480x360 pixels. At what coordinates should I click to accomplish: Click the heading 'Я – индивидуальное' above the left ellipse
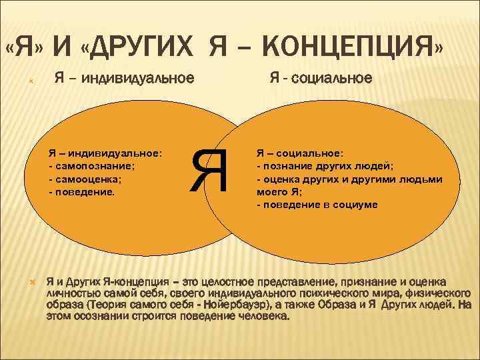click(x=124, y=79)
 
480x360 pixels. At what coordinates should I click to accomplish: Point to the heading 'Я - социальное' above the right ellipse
click(x=321, y=79)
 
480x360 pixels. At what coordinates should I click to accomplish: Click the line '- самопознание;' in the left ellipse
click(x=91, y=165)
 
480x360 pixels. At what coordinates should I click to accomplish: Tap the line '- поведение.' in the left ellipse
click(x=82, y=192)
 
